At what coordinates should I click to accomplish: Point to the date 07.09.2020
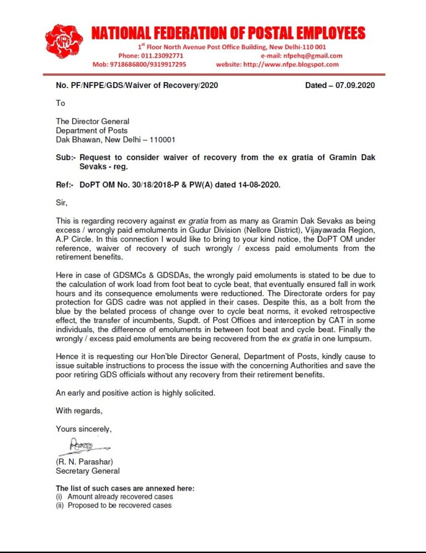click(x=356, y=85)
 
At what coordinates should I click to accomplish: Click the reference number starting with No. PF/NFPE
click(x=137, y=85)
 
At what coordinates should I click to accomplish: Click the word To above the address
click(x=60, y=103)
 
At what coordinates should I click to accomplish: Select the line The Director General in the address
click(x=93, y=121)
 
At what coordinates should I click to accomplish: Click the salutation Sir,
click(x=62, y=203)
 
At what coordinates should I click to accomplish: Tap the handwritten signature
click(x=81, y=445)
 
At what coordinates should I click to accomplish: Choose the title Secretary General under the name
click(x=88, y=471)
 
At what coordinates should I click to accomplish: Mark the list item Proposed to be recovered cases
click(x=119, y=505)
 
